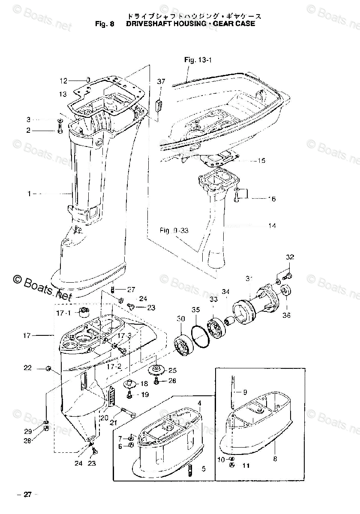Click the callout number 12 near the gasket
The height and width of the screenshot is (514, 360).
tap(63, 80)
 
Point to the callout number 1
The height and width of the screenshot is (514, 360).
tap(29, 194)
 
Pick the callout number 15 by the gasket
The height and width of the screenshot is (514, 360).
tap(261, 161)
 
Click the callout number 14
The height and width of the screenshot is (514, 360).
tap(272, 226)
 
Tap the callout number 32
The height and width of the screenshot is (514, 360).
tap(290, 257)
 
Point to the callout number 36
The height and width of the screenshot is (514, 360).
tap(286, 316)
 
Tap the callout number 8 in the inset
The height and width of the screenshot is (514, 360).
tap(275, 459)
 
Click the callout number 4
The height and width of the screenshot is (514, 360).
tap(199, 403)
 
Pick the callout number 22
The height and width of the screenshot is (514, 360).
tap(28, 368)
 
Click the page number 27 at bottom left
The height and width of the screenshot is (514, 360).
tap(27, 495)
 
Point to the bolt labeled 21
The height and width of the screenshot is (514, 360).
tap(127, 412)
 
